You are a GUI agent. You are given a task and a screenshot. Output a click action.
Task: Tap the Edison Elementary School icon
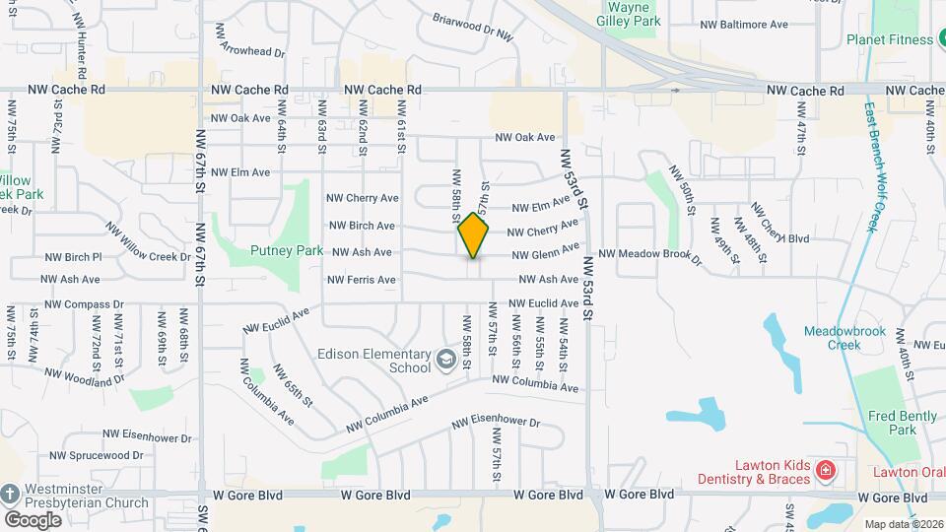click(x=445, y=362)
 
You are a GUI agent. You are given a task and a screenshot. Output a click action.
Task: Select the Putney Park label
click(x=287, y=251)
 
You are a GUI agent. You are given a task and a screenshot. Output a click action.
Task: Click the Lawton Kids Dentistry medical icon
click(x=825, y=473)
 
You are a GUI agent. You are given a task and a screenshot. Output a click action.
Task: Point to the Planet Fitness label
click(x=889, y=40)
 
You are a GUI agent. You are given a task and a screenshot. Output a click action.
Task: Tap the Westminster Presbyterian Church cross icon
click(x=10, y=494)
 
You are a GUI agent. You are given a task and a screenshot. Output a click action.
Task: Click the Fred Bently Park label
click(x=904, y=423)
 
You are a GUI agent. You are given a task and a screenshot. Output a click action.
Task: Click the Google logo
click(x=33, y=519)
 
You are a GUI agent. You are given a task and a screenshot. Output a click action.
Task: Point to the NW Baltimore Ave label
click(x=744, y=24)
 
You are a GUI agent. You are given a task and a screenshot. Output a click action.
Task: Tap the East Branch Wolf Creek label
click(x=871, y=167)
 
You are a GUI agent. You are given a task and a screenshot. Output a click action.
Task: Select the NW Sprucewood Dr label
click(x=96, y=456)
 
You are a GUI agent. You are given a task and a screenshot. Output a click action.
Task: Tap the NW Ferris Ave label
click(x=359, y=280)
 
